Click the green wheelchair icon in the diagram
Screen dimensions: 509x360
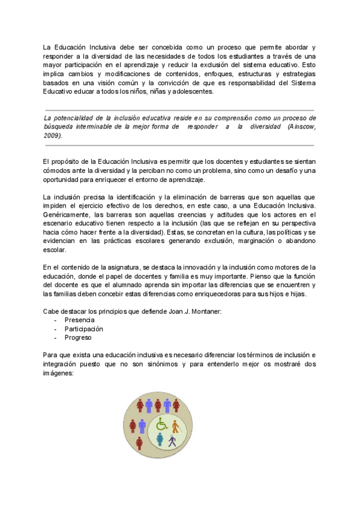(161, 424)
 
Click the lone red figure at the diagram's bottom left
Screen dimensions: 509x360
(139, 443)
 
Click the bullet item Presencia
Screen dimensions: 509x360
(79, 321)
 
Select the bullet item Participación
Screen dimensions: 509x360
(84, 329)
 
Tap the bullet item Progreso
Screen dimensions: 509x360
(79, 338)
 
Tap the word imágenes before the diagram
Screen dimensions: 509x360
(58, 373)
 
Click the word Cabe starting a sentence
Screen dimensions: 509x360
(51, 310)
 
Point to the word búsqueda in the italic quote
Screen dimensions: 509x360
(59, 127)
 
